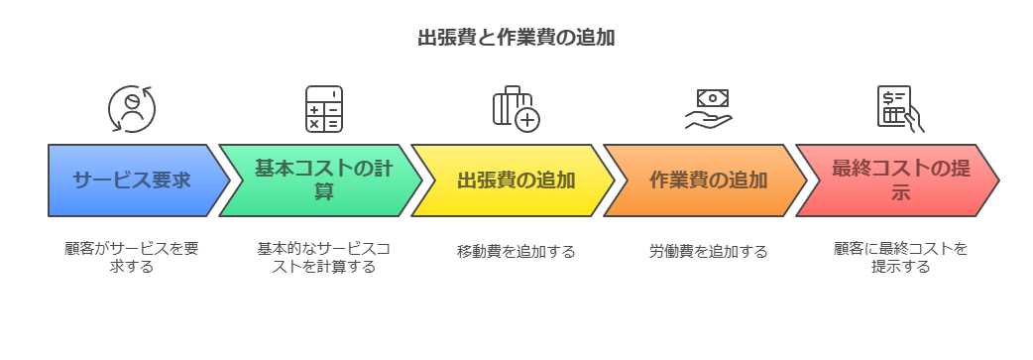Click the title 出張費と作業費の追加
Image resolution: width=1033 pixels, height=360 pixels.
(516, 39)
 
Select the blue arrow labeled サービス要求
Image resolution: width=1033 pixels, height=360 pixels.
(132, 180)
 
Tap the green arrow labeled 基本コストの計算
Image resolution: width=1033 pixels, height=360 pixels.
(323, 180)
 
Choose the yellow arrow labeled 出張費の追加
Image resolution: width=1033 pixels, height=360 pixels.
(516, 180)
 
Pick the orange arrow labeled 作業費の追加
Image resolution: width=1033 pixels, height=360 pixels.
(708, 180)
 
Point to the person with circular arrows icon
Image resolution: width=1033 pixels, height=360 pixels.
(132, 109)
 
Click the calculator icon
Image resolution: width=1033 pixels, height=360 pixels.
(324, 109)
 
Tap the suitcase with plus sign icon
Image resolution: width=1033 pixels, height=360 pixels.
(516, 109)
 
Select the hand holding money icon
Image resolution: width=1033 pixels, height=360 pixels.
(709, 109)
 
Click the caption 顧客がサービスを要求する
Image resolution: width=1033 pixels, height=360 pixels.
(132, 258)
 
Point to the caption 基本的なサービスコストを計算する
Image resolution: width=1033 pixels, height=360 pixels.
(324, 258)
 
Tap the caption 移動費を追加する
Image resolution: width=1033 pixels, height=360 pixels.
(516, 251)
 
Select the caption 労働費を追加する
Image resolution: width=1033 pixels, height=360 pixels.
(709, 251)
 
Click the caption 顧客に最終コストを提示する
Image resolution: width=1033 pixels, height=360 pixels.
(901, 258)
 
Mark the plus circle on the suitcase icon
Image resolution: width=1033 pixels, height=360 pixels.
(526, 120)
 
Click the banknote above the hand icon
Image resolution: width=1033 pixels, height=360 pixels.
(713, 97)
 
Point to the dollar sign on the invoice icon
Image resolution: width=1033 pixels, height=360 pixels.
(890, 97)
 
